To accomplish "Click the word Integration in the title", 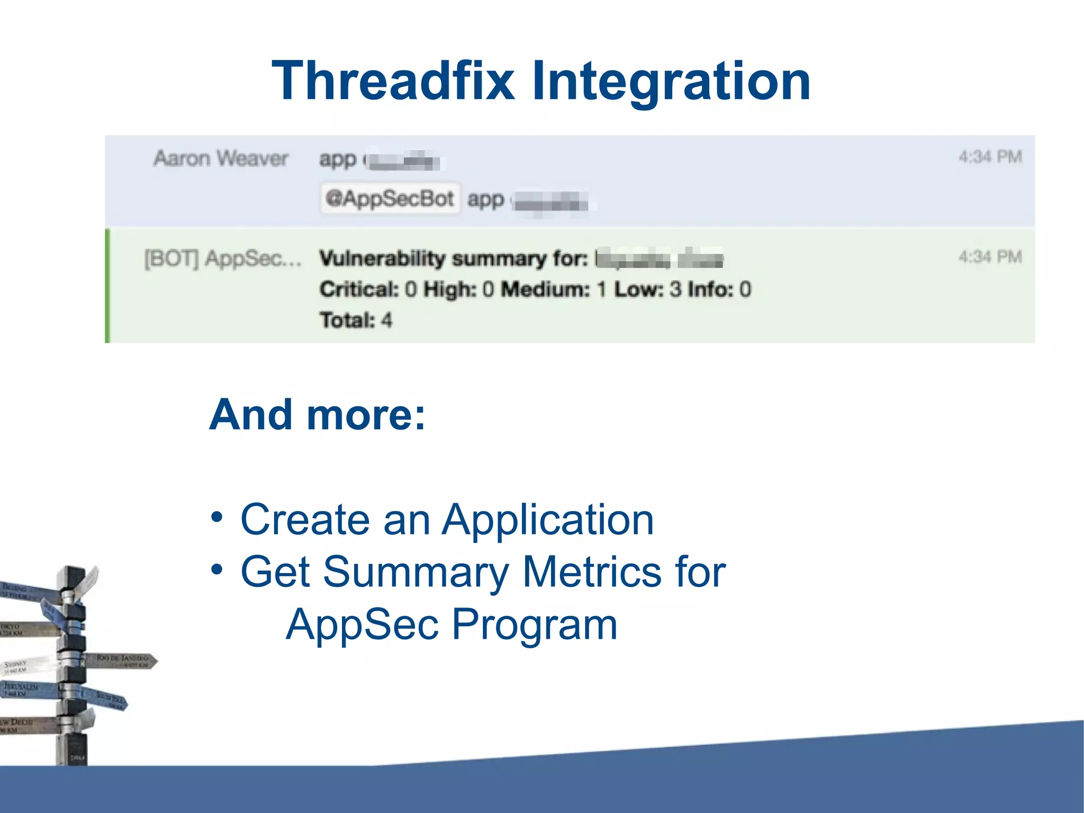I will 671,81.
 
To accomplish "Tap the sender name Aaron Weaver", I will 221,158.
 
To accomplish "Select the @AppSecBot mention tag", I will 390,199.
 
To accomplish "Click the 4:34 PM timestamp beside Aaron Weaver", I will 990,157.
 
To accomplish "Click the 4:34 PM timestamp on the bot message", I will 990,257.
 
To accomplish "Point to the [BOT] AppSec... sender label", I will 222,259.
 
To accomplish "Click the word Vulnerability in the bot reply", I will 382,258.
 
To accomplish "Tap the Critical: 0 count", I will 368,289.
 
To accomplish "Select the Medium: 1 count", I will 553,289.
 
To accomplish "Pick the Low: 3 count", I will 647,289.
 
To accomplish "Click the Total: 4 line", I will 356,320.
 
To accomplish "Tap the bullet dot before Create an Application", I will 216,516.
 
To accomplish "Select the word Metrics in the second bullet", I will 591,571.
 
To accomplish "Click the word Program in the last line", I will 534,624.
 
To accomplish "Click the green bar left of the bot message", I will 108,285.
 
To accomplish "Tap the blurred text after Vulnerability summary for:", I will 659,259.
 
